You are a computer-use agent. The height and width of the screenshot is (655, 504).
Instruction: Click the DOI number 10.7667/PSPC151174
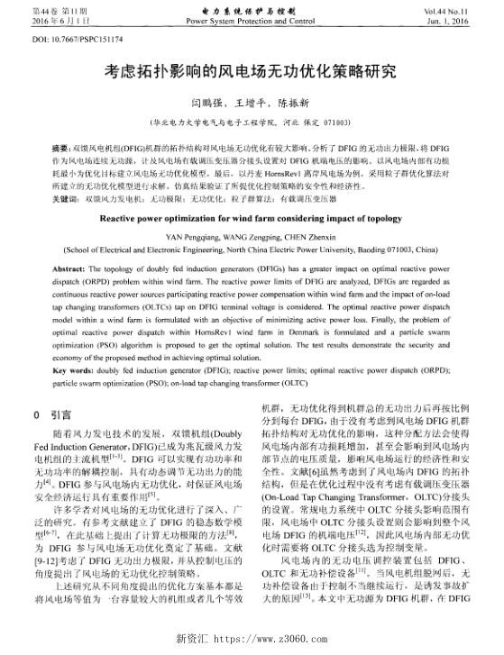[x=66, y=41]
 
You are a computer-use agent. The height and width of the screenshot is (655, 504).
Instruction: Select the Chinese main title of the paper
[x=252, y=71]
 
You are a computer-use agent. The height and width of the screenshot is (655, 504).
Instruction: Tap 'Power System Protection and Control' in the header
[x=252, y=19]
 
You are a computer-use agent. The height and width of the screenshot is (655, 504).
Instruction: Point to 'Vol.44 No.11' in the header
[x=459, y=9]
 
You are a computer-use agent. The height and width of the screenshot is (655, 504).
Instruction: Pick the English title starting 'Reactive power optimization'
[x=252, y=217]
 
